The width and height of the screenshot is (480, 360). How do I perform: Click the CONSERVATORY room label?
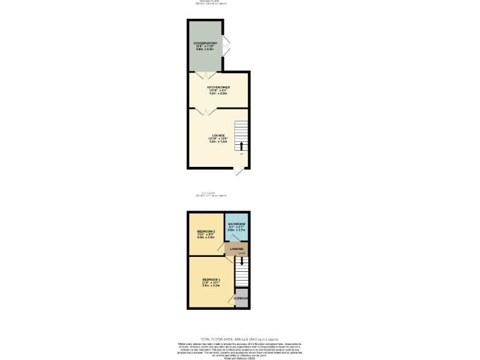(205, 43)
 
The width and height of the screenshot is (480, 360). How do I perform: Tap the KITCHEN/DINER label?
(217, 87)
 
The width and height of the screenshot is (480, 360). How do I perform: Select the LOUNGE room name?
(218, 135)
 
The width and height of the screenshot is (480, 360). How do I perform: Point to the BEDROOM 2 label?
(206, 231)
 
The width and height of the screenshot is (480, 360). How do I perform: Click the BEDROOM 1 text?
(211, 279)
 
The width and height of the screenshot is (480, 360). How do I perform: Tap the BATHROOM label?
(236, 224)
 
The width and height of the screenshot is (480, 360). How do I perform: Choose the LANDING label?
(236, 249)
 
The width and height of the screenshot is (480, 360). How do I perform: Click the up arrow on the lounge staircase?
(241, 146)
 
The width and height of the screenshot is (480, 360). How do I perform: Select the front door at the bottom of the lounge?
(237, 171)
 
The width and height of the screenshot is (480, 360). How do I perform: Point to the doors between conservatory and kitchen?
(202, 74)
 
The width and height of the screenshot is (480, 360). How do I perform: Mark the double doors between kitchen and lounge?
(202, 111)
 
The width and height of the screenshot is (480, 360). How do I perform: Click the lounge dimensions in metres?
(218, 142)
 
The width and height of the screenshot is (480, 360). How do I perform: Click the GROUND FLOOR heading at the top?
(209, 1)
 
